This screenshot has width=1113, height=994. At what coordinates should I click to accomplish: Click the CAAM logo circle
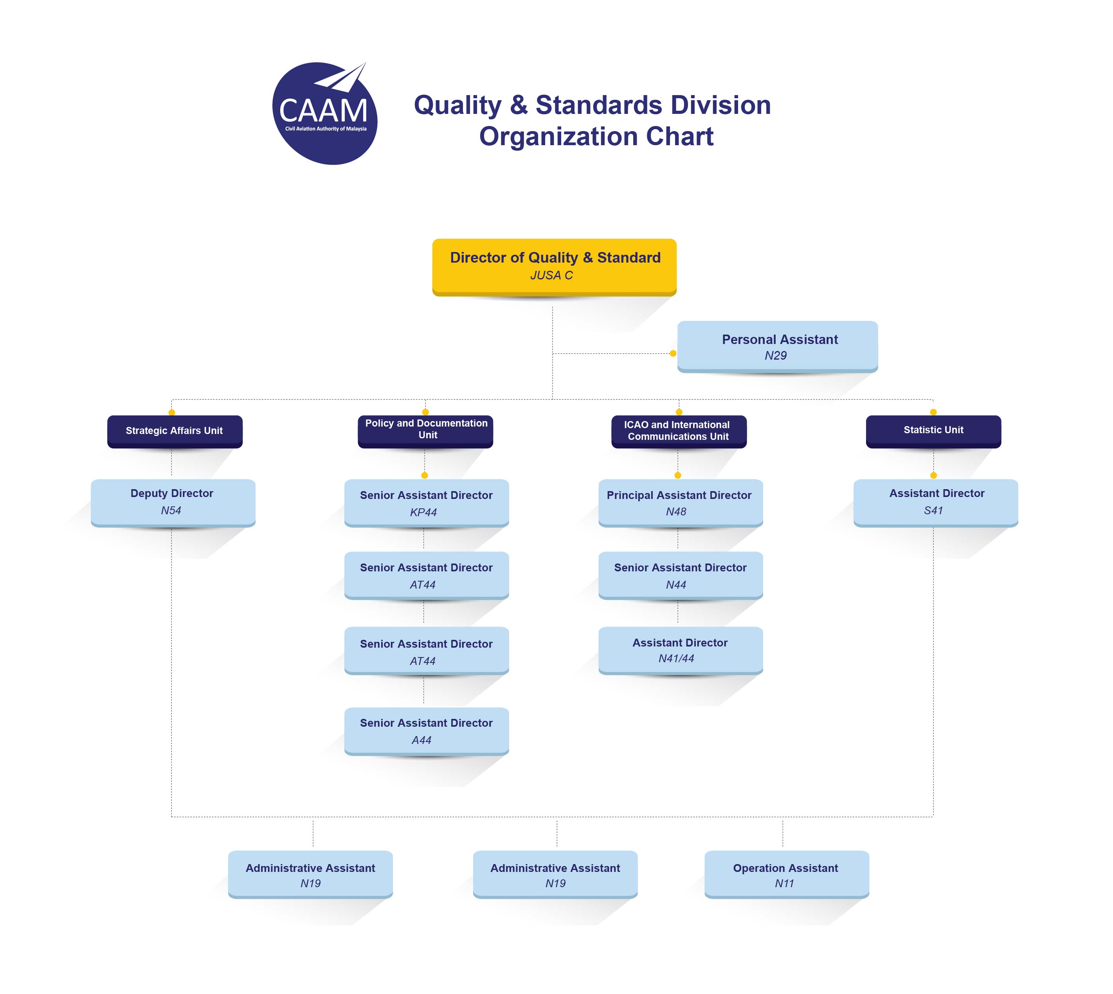(x=324, y=113)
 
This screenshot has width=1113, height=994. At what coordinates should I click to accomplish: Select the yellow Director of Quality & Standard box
(x=554, y=267)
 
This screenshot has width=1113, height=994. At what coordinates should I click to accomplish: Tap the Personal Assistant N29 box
(x=777, y=347)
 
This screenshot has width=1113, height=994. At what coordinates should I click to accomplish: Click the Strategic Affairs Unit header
(x=175, y=432)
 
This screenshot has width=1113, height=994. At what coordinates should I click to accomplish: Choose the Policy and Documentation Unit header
(x=425, y=432)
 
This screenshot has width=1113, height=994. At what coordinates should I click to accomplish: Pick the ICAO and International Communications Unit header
(x=679, y=432)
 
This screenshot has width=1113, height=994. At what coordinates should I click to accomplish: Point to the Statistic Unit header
(x=933, y=432)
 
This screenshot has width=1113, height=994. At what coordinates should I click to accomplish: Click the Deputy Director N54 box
(x=173, y=503)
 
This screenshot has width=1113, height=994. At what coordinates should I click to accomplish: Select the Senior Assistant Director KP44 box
(x=427, y=503)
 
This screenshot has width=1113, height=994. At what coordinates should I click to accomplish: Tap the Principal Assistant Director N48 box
(x=681, y=503)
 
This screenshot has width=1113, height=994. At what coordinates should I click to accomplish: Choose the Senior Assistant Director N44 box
(x=681, y=576)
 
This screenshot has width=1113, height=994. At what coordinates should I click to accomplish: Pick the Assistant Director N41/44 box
(x=681, y=650)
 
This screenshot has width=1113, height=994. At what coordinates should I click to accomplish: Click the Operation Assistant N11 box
(x=786, y=874)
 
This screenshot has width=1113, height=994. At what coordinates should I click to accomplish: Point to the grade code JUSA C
(x=551, y=275)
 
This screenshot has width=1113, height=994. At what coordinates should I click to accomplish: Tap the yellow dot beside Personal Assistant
(x=673, y=353)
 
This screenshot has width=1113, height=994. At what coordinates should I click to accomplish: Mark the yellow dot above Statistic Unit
(x=933, y=412)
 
